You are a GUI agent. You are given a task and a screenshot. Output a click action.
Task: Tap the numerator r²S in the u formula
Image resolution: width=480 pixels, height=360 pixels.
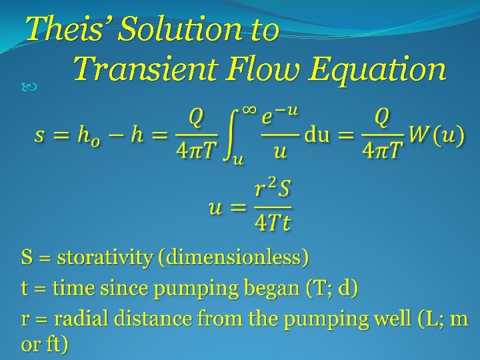point(272,191)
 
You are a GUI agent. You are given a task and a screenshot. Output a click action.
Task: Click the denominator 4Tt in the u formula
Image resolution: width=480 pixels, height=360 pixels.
point(272,222)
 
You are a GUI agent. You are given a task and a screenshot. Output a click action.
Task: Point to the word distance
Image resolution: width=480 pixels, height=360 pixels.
point(153,319)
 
